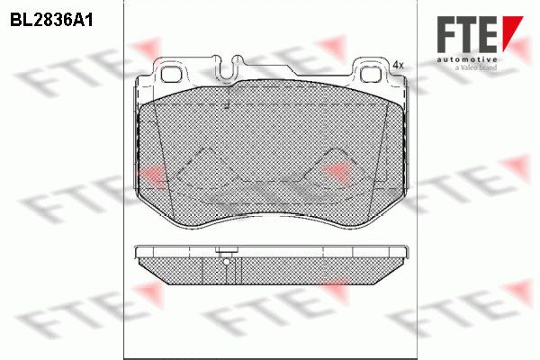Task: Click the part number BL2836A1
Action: [51, 21]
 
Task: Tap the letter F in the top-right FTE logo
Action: [446, 34]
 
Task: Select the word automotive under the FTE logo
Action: [467, 59]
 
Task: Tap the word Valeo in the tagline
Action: [469, 67]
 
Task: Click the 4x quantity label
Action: [398, 65]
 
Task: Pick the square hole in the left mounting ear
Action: [171, 74]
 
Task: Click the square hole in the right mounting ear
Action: [371, 74]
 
